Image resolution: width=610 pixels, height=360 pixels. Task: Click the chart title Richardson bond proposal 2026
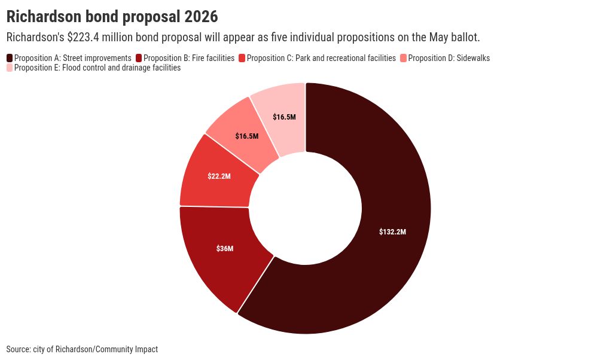click(112, 16)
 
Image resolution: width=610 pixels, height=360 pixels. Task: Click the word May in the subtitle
click(439, 37)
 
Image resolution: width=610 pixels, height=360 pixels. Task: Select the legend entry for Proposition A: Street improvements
click(72, 58)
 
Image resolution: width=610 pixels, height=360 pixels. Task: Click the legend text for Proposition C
click(321, 58)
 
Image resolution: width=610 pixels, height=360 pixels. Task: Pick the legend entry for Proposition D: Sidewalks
click(449, 58)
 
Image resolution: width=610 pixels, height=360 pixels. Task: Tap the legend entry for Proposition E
click(97, 68)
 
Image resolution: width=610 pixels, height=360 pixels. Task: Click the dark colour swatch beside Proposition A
click(10, 58)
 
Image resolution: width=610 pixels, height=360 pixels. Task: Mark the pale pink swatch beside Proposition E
click(10, 68)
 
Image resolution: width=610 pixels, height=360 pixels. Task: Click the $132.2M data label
click(392, 232)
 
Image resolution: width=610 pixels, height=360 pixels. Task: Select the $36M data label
click(225, 248)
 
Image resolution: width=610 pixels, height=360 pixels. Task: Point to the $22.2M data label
click(219, 176)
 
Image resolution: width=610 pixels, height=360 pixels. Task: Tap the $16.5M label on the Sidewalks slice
click(247, 136)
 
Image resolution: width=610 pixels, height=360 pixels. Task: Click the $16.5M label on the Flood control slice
click(284, 117)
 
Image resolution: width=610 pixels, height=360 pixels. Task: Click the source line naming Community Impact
click(82, 349)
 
